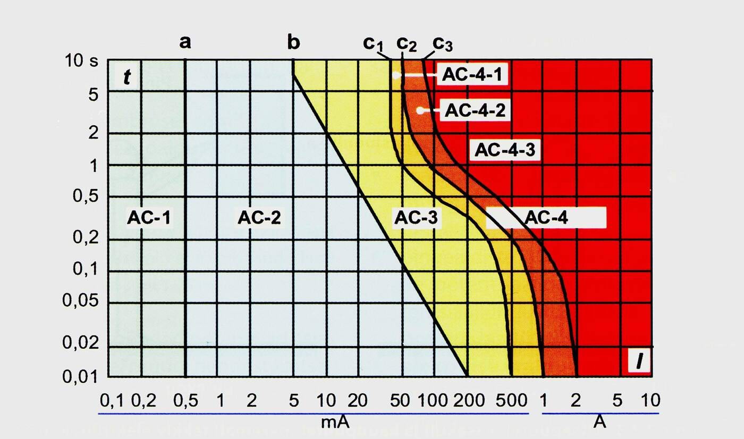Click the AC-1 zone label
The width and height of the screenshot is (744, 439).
(x=150, y=217)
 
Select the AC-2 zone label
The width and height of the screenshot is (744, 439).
(x=259, y=217)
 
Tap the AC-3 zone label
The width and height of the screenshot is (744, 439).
(x=418, y=217)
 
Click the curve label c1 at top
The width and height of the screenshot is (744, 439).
(x=373, y=44)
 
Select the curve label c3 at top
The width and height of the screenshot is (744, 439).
(x=442, y=44)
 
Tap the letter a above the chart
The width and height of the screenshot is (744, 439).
(x=184, y=41)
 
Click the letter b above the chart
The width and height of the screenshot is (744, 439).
(x=293, y=41)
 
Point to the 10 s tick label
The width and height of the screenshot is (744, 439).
(x=82, y=62)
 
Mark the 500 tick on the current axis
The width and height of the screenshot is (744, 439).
(x=513, y=400)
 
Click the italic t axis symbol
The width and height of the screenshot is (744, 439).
(x=126, y=78)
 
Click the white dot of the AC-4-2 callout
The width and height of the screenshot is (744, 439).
(x=420, y=110)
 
